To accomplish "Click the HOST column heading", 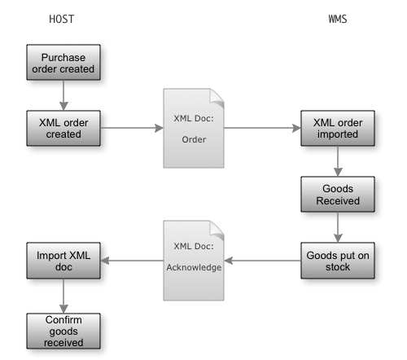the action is [62, 19].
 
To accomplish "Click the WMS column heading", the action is [338, 19].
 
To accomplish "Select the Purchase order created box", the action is [63, 63].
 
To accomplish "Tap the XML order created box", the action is [63, 128].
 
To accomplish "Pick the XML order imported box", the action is [338, 128].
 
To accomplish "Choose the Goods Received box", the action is [338, 195].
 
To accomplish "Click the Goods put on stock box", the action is [338, 261].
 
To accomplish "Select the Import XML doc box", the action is [63, 261].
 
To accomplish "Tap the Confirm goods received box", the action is [63, 331].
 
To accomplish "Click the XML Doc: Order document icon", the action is [194, 128].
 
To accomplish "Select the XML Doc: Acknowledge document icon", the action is [194, 261].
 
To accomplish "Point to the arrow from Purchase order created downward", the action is [63, 95].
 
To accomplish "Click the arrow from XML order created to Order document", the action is [132, 128].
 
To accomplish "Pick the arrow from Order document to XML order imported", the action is [262, 128].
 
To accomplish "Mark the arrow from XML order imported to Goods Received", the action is [338, 161].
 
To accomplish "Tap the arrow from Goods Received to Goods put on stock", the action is [338, 227].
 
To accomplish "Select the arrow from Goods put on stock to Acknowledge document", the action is [262, 261].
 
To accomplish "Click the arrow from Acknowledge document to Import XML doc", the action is [132, 261].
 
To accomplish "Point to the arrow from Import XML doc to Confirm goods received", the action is [63, 296].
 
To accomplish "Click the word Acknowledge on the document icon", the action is [194, 268].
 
